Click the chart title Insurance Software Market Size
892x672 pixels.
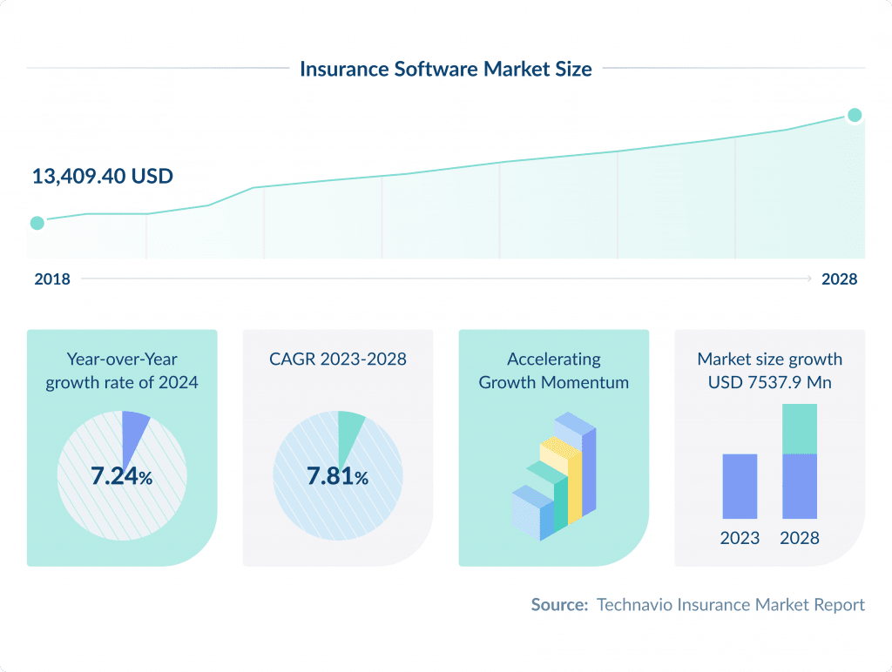(x=445, y=69)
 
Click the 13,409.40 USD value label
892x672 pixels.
(x=103, y=176)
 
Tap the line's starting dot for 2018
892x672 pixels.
(x=37, y=223)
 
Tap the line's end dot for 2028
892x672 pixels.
(x=855, y=115)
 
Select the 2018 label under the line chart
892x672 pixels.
(x=52, y=279)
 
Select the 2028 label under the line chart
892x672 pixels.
(x=839, y=279)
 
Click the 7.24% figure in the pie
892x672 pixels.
(x=121, y=476)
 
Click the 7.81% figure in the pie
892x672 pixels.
(x=337, y=476)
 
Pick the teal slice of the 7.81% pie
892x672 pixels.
(x=349, y=427)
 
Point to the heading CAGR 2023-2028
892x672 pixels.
(x=337, y=359)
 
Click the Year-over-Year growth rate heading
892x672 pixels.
(x=122, y=370)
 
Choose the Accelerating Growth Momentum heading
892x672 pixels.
(x=553, y=370)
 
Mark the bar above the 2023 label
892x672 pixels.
(x=740, y=486)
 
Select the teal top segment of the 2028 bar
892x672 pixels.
(x=800, y=428)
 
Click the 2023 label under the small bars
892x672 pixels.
(x=740, y=538)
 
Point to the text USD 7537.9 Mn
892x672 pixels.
(x=769, y=382)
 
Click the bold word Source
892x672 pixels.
(x=559, y=604)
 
